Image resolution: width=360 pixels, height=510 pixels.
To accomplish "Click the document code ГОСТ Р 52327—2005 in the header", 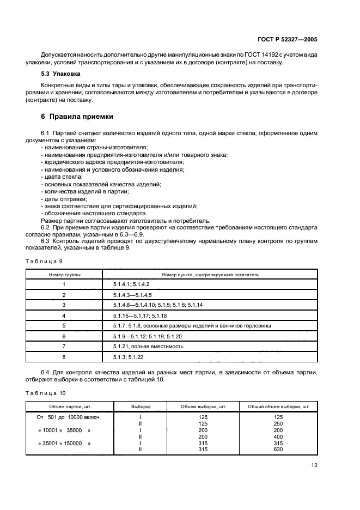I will pyautogui.click(x=290, y=40).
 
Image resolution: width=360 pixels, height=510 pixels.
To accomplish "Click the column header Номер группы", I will pyautogui.click(x=64, y=275).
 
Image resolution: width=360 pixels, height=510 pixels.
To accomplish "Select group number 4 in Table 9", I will pyautogui.click(x=64, y=315).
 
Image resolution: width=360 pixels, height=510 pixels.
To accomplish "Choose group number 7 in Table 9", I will pyautogui.click(x=64, y=346).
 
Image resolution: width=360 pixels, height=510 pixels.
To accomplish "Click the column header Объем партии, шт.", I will pyautogui.click(x=69, y=406).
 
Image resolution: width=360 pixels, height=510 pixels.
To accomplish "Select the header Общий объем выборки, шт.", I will pyautogui.click(x=278, y=406).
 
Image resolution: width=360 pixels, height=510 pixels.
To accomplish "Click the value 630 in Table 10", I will pyautogui.click(x=278, y=450).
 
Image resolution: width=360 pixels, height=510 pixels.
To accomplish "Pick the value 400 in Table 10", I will pyautogui.click(x=278, y=436).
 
